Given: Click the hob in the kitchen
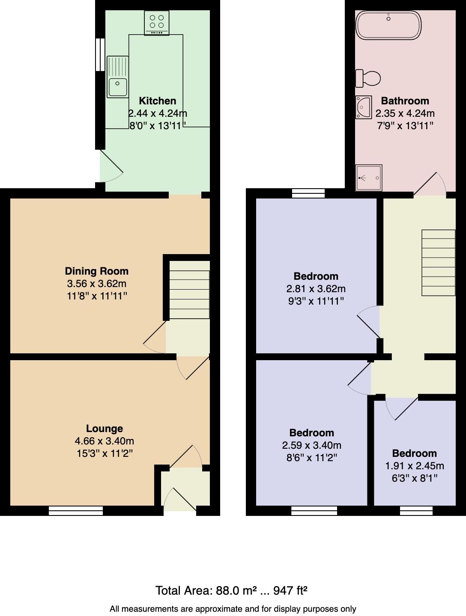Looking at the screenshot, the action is pos(157,23).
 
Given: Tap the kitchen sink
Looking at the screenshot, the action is pos(118,77).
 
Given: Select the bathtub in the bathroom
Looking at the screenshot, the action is pos(388,25).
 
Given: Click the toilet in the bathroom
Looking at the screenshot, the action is pos(368,78).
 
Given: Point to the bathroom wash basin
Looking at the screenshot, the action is pos(364,107).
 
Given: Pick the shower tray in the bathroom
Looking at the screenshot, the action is pos(369,178).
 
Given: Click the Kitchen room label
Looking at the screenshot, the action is pos(158,101).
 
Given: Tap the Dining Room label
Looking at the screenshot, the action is pos(97,271).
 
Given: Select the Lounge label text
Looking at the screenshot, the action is pos(105,429).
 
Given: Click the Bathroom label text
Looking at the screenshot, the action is pos(405,101).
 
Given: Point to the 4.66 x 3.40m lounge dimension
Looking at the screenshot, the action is pos(105,441).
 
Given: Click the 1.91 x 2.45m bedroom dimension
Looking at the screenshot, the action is pos(415,466).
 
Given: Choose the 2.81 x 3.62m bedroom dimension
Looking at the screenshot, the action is pos(316,289).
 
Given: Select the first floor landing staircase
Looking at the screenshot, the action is pos(438,263).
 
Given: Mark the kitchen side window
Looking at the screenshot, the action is pos(100,54).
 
